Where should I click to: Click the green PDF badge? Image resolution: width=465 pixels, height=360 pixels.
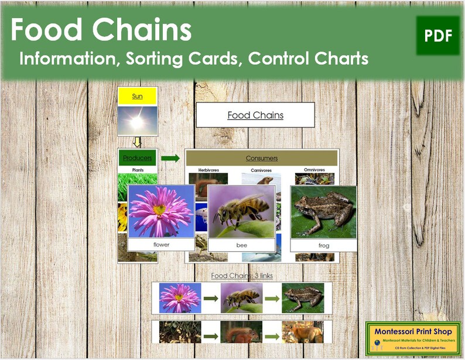tap(438, 36)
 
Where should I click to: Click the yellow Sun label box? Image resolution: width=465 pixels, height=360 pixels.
tap(137, 97)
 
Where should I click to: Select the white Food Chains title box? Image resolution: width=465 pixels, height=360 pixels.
tap(255, 115)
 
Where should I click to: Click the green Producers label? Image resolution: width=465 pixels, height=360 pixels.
tap(137, 158)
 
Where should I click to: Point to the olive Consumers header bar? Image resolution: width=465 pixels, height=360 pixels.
tap(261, 158)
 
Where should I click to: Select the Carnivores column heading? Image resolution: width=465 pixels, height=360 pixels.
tap(261, 170)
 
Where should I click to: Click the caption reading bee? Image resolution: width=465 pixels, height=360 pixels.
tap(242, 245)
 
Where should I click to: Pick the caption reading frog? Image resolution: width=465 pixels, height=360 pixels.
tap(323, 246)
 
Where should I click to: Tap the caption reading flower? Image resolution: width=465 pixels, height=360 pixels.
tap(161, 245)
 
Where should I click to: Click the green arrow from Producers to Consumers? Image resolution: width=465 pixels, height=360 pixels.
tap(170, 158)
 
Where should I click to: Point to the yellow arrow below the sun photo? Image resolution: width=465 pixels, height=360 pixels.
tap(137, 142)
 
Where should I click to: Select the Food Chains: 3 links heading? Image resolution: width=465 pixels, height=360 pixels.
tap(241, 275)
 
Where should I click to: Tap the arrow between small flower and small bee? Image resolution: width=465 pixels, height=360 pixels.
tap(211, 299)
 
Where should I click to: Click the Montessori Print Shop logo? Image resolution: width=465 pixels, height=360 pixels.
tap(411, 338)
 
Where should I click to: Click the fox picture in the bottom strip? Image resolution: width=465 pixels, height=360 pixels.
tap(302, 333)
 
